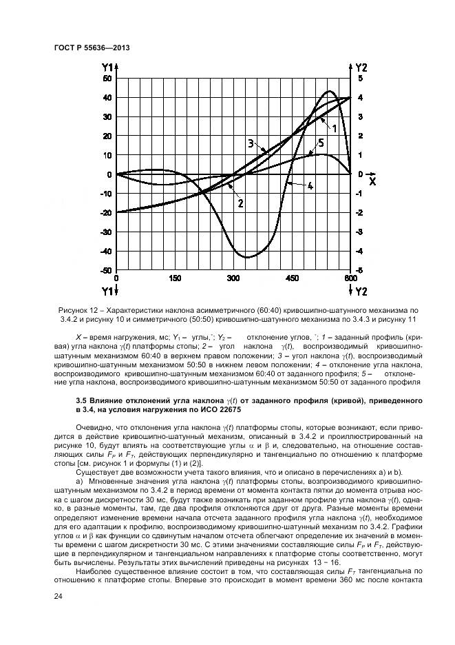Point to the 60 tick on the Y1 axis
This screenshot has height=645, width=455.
(107, 79)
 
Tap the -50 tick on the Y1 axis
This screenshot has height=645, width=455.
(106, 271)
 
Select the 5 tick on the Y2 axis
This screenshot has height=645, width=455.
(359, 79)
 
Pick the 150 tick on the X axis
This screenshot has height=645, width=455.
(174, 278)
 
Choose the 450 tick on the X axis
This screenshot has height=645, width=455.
(292, 278)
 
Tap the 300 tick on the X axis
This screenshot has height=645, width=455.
(233, 278)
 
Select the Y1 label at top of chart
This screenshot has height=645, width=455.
(108, 67)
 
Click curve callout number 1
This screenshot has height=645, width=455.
(333, 128)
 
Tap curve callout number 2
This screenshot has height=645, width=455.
(240, 203)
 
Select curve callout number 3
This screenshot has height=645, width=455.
(251, 144)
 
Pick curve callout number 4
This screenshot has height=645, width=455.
(310, 186)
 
